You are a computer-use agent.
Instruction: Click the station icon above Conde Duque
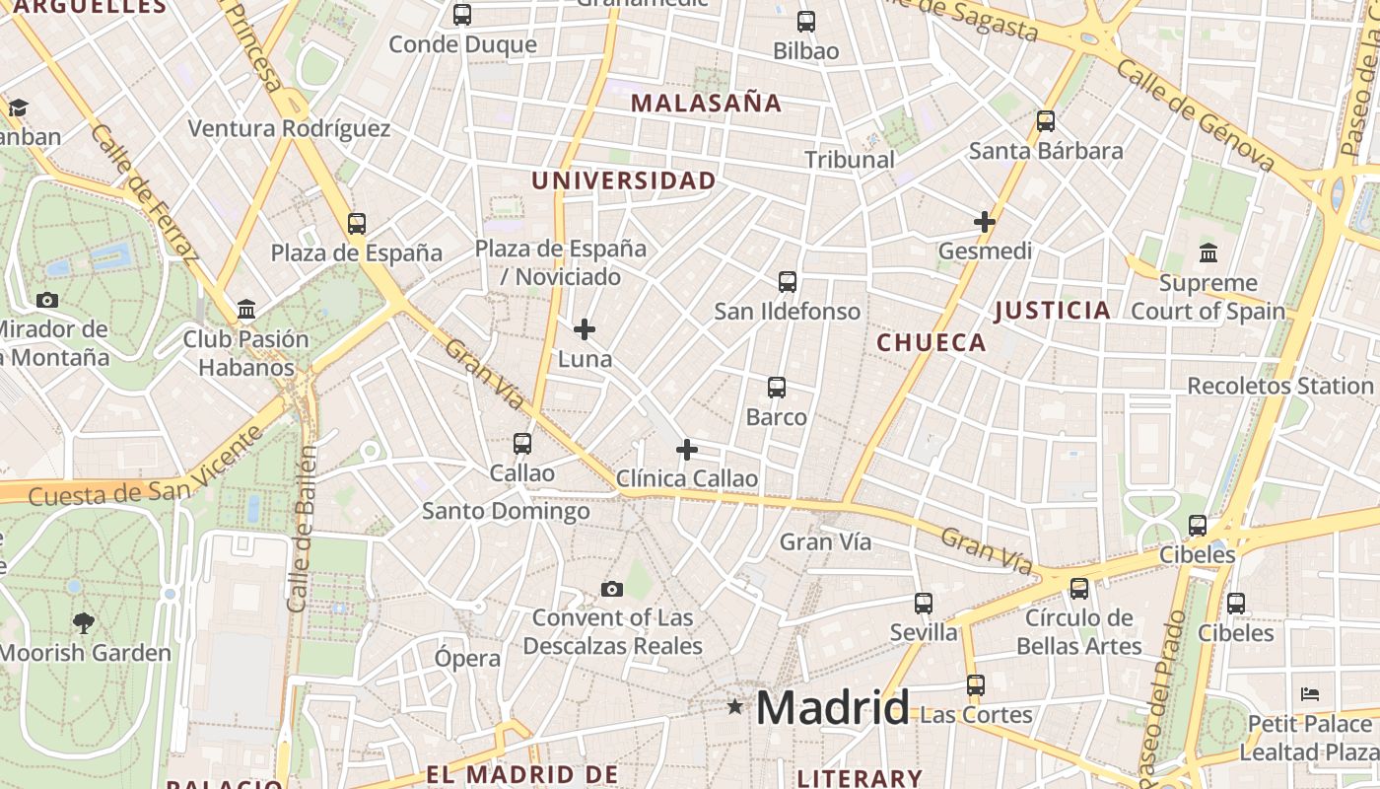click(x=462, y=15)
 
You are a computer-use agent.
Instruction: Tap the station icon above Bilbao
click(x=806, y=21)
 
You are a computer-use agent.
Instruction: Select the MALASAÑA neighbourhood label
click(x=706, y=103)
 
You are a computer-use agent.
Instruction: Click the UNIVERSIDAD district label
click(x=624, y=180)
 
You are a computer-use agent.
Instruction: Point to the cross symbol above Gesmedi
click(x=984, y=222)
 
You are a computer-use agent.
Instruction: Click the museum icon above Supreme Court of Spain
click(x=1208, y=252)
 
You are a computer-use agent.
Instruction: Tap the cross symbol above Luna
click(x=585, y=328)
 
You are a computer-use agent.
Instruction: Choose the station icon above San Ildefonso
click(x=787, y=282)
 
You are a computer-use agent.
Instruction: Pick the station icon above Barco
click(x=777, y=388)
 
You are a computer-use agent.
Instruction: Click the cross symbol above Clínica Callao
click(x=687, y=450)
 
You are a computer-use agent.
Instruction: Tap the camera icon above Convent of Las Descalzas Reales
click(x=612, y=589)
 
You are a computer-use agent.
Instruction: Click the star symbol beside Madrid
click(x=734, y=706)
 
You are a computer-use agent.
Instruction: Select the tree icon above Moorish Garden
click(x=84, y=622)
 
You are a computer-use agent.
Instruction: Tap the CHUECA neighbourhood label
click(x=931, y=342)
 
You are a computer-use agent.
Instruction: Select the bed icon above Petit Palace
click(x=1310, y=694)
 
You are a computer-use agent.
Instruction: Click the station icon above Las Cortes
click(x=975, y=684)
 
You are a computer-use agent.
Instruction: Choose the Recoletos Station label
click(x=1279, y=386)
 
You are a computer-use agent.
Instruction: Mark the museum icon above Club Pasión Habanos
click(x=246, y=310)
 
